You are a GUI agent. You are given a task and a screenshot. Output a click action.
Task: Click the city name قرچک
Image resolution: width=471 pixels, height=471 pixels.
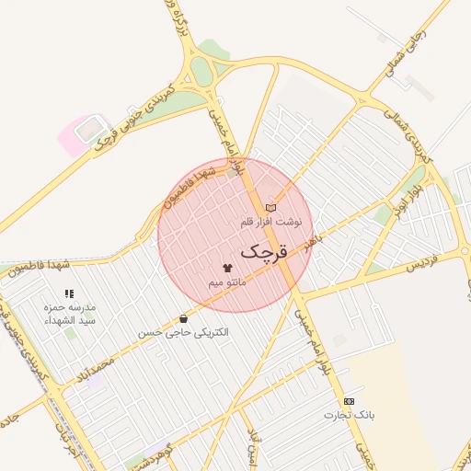264,251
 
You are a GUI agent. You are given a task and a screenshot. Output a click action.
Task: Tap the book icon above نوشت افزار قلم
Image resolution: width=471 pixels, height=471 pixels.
270,208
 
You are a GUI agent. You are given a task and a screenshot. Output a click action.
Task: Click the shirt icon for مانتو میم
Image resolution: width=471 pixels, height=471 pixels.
227,266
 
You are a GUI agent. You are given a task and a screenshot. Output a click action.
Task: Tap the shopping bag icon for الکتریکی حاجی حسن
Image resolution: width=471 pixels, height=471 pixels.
184,318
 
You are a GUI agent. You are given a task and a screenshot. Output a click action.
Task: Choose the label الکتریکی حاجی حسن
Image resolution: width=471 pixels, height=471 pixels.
184,332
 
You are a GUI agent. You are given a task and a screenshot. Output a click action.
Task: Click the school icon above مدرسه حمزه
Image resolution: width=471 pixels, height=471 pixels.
69,293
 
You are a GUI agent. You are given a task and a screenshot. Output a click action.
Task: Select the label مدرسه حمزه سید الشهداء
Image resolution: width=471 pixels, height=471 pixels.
70,314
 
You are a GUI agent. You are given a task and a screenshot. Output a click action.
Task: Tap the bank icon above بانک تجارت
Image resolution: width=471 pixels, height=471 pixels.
349,401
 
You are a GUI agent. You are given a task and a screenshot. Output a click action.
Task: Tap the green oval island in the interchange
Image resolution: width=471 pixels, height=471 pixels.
201,72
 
